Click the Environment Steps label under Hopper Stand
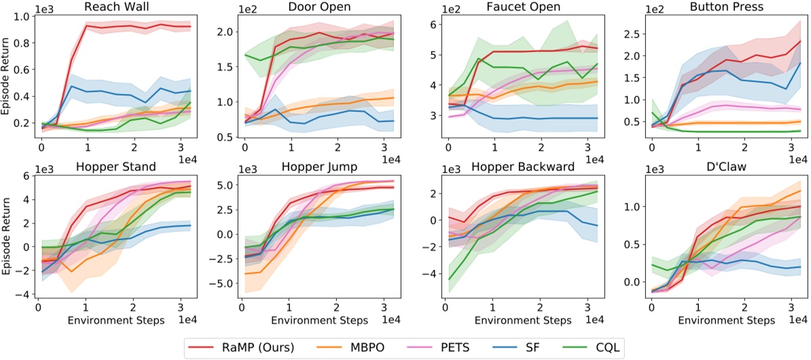[115, 319]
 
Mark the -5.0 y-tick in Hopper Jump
[224, 283]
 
